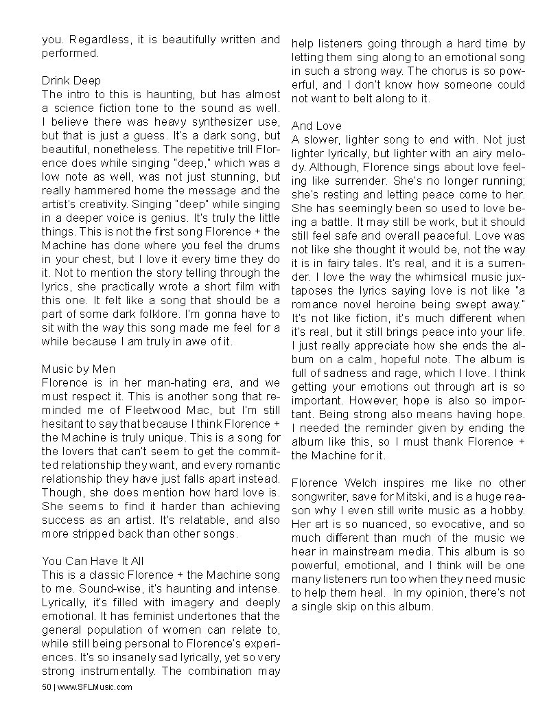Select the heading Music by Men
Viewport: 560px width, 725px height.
tap(79, 369)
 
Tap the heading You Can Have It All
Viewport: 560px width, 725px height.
tap(93, 561)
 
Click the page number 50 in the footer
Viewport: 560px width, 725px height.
tap(47, 687)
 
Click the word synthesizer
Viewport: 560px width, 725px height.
tap(205, 121)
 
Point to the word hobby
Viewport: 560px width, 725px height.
tap(506, 509)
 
